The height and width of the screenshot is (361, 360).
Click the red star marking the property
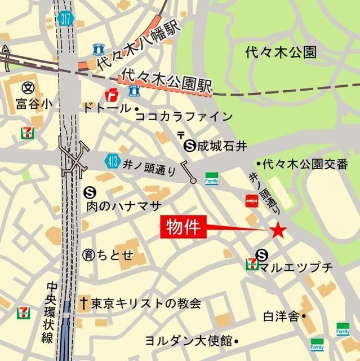[x=278, y=230]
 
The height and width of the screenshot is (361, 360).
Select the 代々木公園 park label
[x=282, y=52]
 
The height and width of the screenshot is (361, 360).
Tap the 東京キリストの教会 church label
[x=144, y=303]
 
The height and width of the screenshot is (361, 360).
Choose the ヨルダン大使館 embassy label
[x=188, y=341]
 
